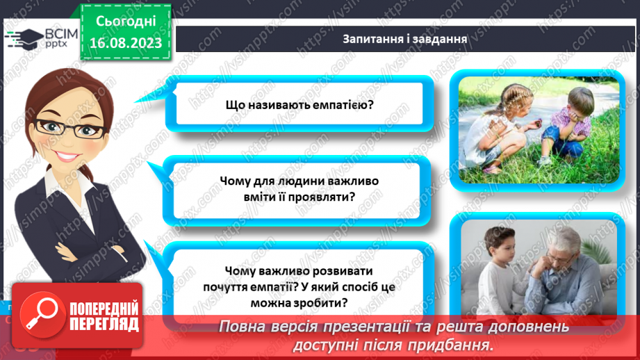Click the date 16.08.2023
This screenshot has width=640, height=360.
coord(125,43)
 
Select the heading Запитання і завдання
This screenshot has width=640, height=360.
coord(404,38)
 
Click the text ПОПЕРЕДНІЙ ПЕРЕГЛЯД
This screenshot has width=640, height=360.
coord(103,316)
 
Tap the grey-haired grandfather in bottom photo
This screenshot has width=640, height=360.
coord(562,264)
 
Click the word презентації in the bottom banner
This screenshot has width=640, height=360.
coord(384,327)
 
